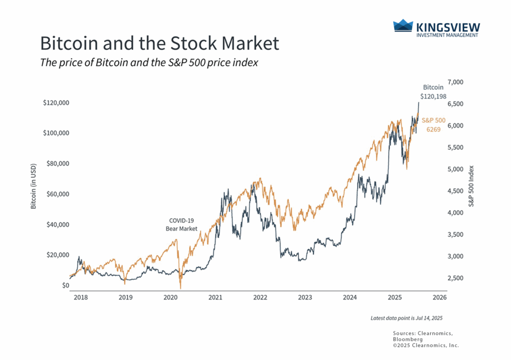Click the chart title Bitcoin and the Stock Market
pos(159,43)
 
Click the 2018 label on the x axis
pos(80,297)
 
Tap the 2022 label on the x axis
pos(260,297)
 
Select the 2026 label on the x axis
pos(439,297)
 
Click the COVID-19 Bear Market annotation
pos(182,224)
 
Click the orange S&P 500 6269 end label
pos(433,125)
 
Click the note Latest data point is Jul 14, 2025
pos(406,318)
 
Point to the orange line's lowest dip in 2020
pos(180,288)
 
